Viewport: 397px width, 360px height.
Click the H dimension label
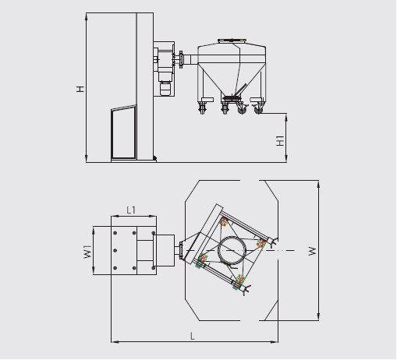point(80,89)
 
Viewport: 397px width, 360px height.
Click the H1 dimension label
point(280,140)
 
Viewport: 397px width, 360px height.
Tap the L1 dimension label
point(131,210)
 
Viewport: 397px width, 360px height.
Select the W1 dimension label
point(87,252)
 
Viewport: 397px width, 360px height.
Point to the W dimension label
point(312,251)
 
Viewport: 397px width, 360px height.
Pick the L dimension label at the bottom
point(193,337)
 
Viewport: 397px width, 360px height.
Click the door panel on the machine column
point(124,132)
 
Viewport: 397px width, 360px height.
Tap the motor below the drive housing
point(165,89)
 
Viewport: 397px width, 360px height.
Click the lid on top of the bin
point(232,41)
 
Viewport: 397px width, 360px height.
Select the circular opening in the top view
point(232,250)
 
